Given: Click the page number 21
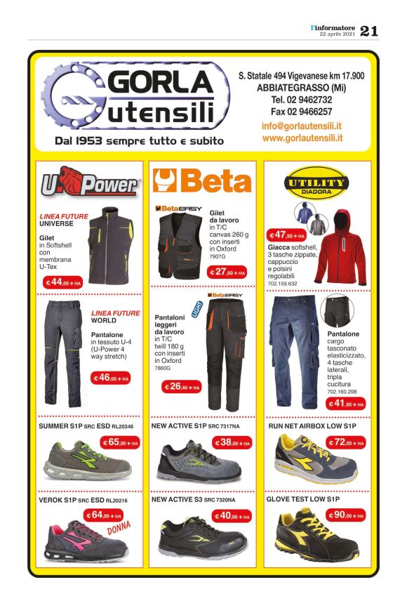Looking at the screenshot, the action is click(x=369, y=30).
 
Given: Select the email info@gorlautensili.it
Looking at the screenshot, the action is click(x=302, y=126).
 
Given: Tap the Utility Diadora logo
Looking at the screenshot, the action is click(x=316, y=184).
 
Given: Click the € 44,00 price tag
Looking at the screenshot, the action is click(x=63, y=282).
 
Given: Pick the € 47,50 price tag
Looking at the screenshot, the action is click(x=288, y=235).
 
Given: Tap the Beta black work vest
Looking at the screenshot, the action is click(x=180, y=242).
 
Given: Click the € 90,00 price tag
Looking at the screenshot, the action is click(x=345, y=515).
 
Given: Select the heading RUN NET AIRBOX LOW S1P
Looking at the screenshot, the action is click(x=312, y=426).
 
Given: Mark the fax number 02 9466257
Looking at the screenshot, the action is click(x=302, y=111).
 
